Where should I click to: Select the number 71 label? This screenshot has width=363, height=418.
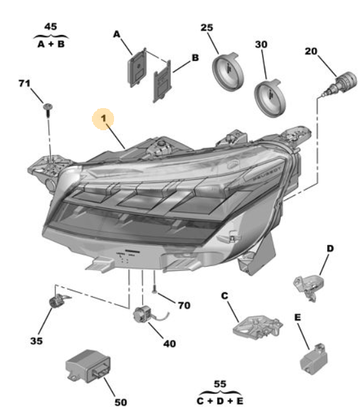tap(25, 84)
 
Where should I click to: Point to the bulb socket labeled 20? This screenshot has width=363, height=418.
tap(342, 84)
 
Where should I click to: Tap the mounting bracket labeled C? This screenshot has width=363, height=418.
tap(256, 326)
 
